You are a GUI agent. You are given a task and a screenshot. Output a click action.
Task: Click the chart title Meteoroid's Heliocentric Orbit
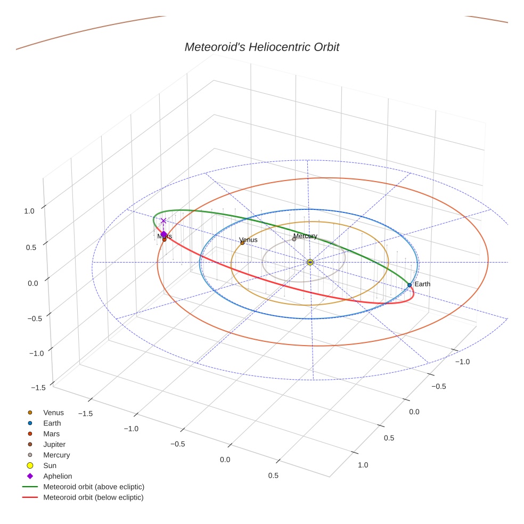point(261,47)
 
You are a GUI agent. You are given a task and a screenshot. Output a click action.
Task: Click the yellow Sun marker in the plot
point(310,262)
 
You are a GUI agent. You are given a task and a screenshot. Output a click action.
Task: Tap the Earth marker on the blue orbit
point(410,285)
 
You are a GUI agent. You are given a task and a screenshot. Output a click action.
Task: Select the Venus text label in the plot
point(248,240)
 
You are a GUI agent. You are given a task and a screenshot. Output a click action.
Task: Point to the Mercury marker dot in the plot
point(294,239)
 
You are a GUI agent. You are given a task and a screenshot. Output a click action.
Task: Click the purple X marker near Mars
point(163,220)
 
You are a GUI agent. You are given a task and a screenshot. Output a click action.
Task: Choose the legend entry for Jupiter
point(54,444)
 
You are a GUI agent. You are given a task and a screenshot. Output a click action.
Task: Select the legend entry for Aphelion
point(57,476)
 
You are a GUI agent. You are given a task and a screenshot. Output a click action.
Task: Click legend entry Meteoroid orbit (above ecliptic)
point(93,487)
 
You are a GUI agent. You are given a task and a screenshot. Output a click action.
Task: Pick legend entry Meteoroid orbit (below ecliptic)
point(93,497)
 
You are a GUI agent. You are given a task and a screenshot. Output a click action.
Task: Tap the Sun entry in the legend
point(50,465)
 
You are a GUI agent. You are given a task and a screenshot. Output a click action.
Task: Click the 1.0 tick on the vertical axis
point(29,211)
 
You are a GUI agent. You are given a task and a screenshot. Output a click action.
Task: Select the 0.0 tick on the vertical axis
point(33,283)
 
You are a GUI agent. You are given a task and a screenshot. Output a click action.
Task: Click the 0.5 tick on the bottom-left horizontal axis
point(273,476)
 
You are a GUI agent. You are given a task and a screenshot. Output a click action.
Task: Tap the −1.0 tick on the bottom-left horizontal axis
point(131,429)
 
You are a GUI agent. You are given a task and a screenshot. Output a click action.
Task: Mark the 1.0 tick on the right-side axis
point(363,465)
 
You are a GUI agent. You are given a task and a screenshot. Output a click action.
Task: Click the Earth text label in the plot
point(422,284)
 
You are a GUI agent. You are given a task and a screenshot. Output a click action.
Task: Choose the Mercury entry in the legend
point(56,455)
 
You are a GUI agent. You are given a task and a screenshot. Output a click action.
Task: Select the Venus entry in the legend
point(53,412)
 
